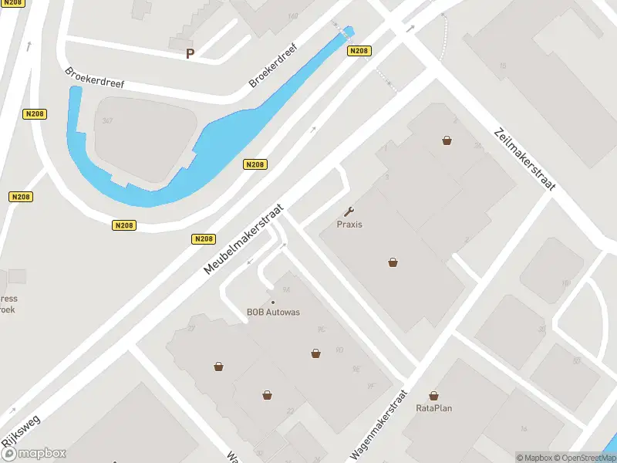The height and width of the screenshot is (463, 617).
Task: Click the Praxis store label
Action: (349, 225)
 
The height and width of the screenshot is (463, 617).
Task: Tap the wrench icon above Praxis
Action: (349, 211)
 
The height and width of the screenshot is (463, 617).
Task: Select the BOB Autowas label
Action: (273, 313)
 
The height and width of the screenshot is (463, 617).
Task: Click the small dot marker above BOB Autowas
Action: (273, 302)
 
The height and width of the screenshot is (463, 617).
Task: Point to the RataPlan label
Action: (433, 407)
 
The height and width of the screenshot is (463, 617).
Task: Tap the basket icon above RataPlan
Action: (433, 395)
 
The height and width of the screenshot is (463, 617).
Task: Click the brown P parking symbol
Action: (190, 54)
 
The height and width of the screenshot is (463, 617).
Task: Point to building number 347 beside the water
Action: (107, 121)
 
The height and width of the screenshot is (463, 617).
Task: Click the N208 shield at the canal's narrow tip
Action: (359, 51)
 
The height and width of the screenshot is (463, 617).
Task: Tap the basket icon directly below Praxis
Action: (393, 262)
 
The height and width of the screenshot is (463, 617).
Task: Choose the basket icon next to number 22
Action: (267, 395)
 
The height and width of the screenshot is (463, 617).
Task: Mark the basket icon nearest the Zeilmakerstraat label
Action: (447, 140)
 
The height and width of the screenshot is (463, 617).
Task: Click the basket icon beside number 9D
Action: (315, 353)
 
